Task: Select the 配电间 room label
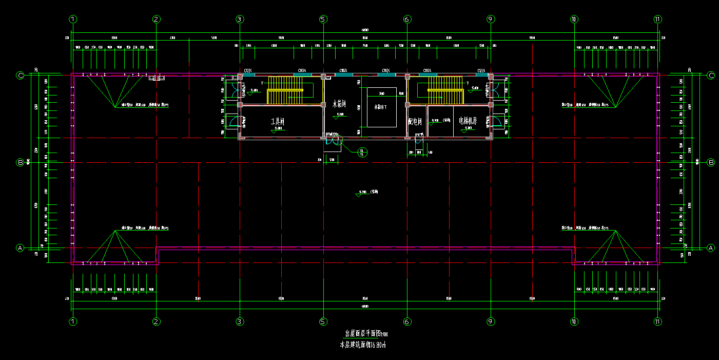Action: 415,122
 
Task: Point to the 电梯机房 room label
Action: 468,121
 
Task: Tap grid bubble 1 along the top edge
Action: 73,20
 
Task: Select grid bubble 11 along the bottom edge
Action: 658,322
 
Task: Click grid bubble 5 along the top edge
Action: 323,20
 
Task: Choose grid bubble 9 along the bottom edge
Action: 491,322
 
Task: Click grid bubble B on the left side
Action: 21,162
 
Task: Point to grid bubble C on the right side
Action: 711,75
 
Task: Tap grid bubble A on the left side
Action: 21,248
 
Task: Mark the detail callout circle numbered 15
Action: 362,151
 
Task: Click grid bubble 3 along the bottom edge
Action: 240,322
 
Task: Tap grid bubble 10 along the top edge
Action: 574,20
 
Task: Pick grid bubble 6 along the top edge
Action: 407,20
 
